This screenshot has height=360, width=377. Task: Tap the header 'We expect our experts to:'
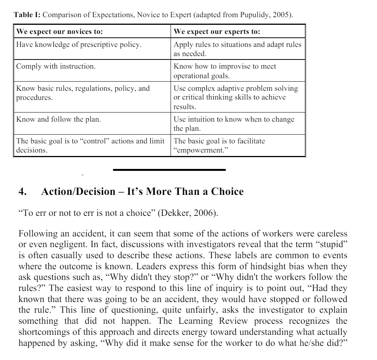click(217, 31)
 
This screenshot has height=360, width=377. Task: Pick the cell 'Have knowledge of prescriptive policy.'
click(79, 45)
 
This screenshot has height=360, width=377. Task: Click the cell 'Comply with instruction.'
click(56, 66)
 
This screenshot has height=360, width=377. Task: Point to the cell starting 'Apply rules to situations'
click(237, 49)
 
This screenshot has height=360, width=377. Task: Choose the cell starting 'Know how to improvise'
click(225, 71)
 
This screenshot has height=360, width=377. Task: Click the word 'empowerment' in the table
click(198, 150)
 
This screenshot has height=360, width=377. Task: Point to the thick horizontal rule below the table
click(169, 170)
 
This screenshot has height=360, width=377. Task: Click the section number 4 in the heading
click(22, 191)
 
